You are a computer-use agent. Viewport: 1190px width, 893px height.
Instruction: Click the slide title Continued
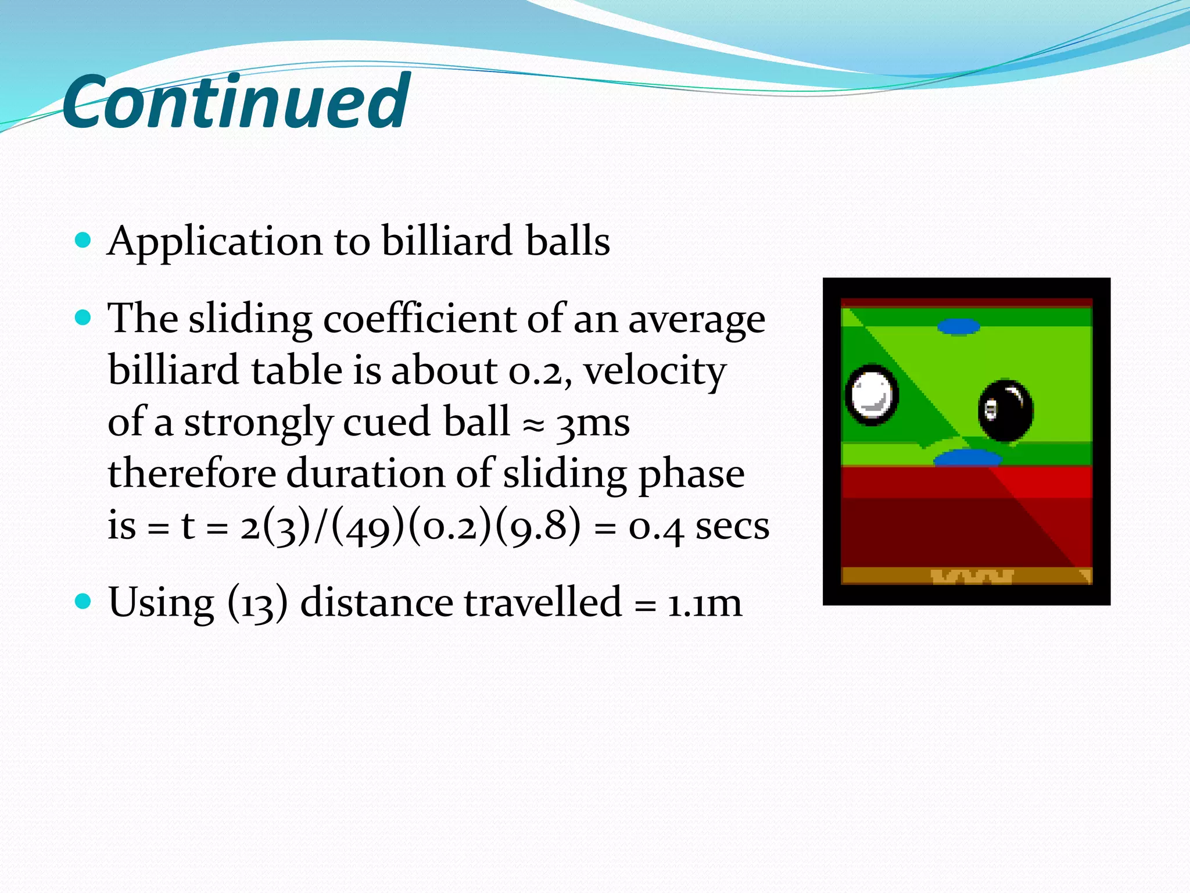[235, 102]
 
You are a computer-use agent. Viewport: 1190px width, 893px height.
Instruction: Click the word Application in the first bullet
[214, 241]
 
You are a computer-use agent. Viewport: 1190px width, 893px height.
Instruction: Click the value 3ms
[592, 423]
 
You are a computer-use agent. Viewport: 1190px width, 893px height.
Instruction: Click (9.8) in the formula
[537, 526]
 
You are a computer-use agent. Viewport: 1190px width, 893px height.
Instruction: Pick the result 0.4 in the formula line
[656, 527]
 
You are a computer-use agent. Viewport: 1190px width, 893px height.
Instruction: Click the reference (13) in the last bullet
[257, 603]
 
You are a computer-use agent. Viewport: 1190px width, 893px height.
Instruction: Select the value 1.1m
[704, 603]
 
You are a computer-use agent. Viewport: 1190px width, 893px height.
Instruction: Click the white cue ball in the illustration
[871, 395]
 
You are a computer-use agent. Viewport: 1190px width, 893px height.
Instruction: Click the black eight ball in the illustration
[1006, 410]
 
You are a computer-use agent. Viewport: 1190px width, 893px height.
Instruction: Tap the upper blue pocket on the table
[958, 327]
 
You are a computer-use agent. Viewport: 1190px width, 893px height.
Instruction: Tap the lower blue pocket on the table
[967, 458]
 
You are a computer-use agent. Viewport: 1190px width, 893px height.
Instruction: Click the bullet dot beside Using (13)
[84, 601]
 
